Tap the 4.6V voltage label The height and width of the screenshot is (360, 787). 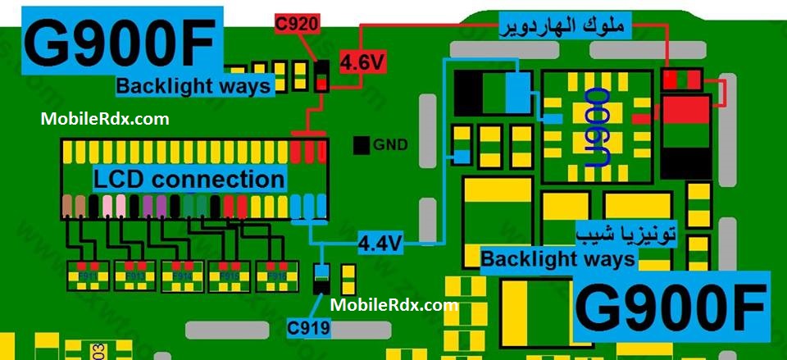(x=362, y=62)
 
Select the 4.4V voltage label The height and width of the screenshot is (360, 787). (x=381, y=243)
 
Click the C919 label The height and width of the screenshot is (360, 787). (x=309, y=329)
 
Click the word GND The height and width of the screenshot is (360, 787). (x=390, y=146)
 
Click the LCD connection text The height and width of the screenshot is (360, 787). (x=189, y=179)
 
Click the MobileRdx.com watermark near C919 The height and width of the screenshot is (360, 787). (x=394, y=305)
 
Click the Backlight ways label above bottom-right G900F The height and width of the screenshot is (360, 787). (x=557, y=259)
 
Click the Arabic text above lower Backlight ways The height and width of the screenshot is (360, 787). (x=627, y=233)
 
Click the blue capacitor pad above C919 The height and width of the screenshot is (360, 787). (x=322, y=271)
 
